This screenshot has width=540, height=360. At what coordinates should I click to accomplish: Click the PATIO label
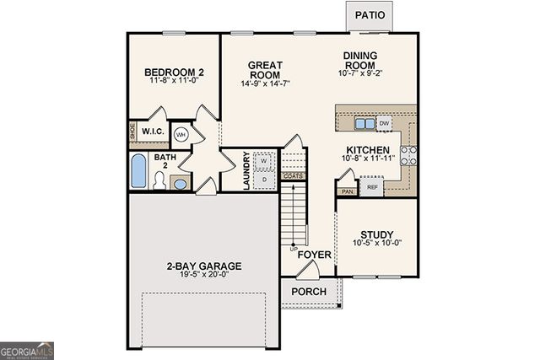click(370, 15)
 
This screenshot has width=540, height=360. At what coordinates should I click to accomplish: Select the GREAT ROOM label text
click(264, 70)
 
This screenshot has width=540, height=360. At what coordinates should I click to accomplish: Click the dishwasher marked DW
click(385, 123)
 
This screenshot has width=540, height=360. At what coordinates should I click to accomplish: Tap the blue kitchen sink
click(364, 124)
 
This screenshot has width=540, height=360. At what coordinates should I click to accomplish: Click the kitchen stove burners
click(408, 154)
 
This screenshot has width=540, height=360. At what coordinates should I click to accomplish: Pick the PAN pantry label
click(347, 191)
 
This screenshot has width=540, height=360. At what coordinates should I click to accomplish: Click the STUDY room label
click(376, 234)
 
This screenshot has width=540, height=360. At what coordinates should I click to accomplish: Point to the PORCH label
click(308, 292)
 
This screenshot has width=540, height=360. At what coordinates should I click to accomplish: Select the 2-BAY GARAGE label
click(204, 266)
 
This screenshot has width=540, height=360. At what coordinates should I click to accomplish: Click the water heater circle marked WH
click(181, 134)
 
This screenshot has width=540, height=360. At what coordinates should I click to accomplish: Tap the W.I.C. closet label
click(152, 132)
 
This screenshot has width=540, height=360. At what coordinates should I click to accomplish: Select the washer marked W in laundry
click(263, 160)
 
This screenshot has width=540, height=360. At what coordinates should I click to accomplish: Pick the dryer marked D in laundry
click(263, 179)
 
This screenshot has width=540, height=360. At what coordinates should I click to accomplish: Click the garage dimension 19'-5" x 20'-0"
click(204, 276)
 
